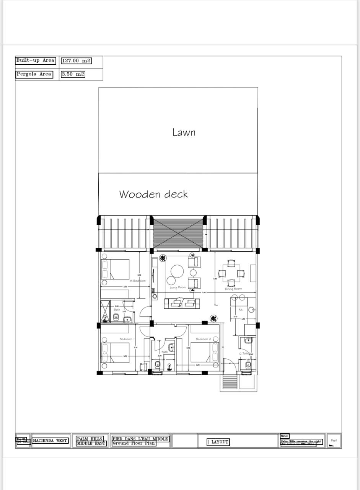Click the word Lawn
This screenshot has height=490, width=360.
click(184, 132)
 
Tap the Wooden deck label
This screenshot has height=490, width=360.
click(153, 194)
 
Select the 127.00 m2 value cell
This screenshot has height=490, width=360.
click(76, 60)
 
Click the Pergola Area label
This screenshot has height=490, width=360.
click(34, 74)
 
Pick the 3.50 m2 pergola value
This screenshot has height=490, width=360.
click(73, 74)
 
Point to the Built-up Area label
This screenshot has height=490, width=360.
click(35, 60)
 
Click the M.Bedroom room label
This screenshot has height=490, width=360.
click(137, 281)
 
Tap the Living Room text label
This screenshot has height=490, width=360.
click(178, 287)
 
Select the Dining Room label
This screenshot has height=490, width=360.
click(233, 289)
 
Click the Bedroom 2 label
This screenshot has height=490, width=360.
click(203, 339)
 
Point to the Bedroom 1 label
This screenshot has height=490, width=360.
click(127, 339)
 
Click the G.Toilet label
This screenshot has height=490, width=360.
click(244, 353)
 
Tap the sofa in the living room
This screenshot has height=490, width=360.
click(182, 303)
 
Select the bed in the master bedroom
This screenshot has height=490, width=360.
click(115, 269)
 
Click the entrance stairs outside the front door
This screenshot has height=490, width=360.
click(230, 381)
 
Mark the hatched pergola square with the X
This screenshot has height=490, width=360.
click(178, 233)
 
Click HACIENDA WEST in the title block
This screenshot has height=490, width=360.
click(50, 441)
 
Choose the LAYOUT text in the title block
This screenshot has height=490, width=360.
click(218, 442)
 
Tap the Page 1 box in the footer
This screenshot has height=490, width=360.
click(334, 441)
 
